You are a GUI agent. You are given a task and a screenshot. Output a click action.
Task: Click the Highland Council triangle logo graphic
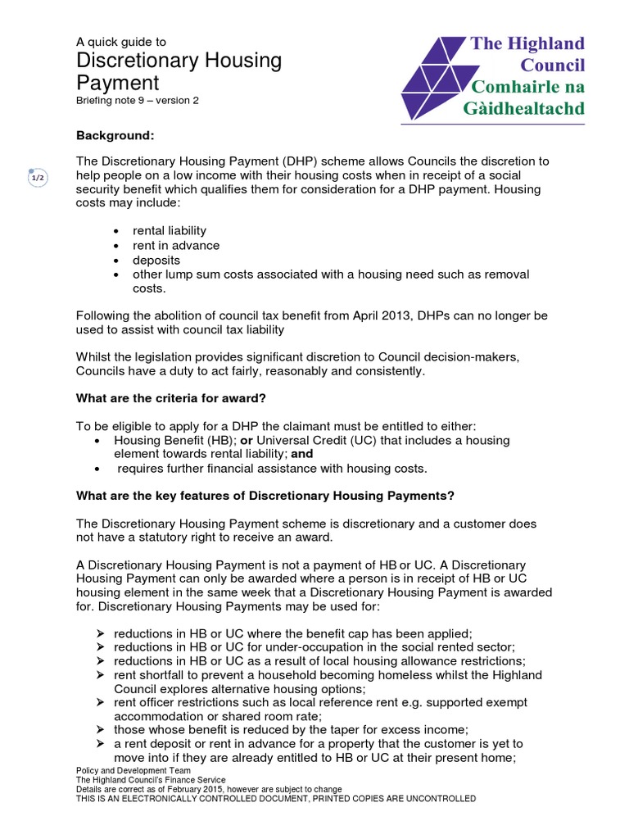(434, 78)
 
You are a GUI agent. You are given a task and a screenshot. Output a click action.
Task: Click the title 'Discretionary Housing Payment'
(179, 71)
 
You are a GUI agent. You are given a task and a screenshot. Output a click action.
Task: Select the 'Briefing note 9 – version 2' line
(137, 101)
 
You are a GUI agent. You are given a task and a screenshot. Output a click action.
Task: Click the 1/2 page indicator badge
(38, 178)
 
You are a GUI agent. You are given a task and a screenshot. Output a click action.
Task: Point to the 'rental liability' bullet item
(170, 230)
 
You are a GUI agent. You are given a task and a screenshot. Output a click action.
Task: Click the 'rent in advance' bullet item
(176, 245)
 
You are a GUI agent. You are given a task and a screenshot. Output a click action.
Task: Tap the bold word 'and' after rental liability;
(302, 453)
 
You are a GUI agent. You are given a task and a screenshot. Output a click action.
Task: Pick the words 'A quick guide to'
(121, 41)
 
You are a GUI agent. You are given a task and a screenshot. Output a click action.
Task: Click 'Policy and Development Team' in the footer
(133, 771)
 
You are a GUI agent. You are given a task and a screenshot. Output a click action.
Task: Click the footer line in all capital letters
(275, 798)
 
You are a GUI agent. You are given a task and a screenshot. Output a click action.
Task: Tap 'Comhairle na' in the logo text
(527, 86)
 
